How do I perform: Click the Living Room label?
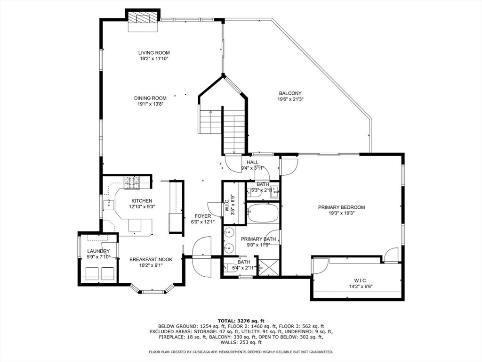(x=154, y=53)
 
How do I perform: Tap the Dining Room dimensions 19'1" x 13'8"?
(x=150, y=105)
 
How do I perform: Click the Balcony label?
(x=290, y=93)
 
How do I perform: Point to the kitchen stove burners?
(x=133, y=182)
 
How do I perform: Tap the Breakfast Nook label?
(x=151, y=259)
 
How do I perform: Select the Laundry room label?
(x=98, y=251)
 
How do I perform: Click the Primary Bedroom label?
(x=341, y=207)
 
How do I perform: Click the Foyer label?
(x=203, y=216)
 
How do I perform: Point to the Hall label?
(x=253, y=162)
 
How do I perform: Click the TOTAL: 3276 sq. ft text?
(x=241, y=321)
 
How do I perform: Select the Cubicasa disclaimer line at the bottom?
(x=241, y=352)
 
